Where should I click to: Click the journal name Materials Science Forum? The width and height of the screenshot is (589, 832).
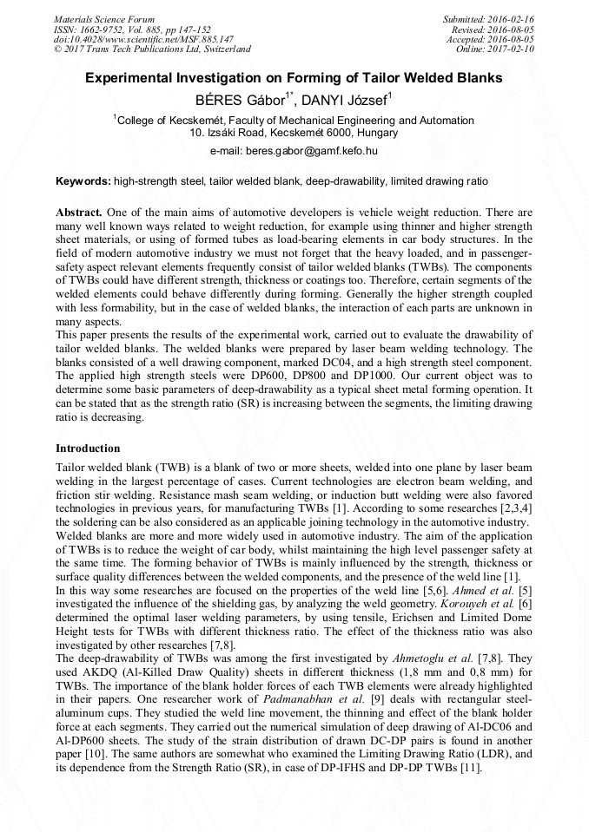pyautogui.click(x=104, y=19)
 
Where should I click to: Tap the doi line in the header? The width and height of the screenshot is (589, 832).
pyautogui.click(x=143, y=39)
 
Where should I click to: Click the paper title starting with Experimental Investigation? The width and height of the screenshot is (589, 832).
pyautogui.click(x=294, y=78)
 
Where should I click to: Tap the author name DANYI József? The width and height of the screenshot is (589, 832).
pyautogui.click(x=345, y=100)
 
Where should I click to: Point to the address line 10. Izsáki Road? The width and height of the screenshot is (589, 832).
pyautogui.click(x=294, y=134)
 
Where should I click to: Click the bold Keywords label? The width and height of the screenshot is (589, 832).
pyautogui.click(x=83, y=182)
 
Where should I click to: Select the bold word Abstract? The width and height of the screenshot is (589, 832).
pyautogui.click(x=79, y=212)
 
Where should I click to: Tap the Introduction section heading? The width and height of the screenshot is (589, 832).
pyautogui.click(x=88, y=449)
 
